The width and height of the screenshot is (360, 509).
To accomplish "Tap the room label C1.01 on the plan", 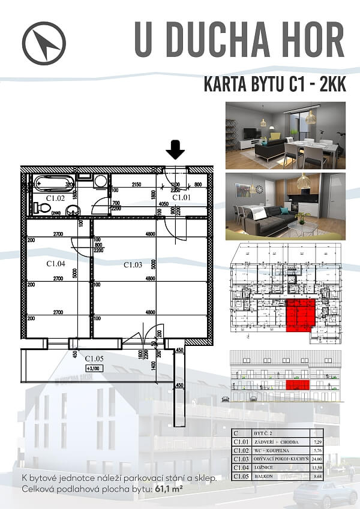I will tap(181, 197).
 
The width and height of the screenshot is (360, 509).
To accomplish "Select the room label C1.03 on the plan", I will tap(133, 264).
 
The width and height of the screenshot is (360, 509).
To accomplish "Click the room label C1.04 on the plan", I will tap(55, 263).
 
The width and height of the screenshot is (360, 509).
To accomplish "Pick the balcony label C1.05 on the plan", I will tap(94, 359).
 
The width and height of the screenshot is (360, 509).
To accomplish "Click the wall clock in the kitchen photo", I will tap(259, 189).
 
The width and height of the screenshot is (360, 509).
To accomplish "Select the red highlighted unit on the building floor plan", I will tap(301, 315).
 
